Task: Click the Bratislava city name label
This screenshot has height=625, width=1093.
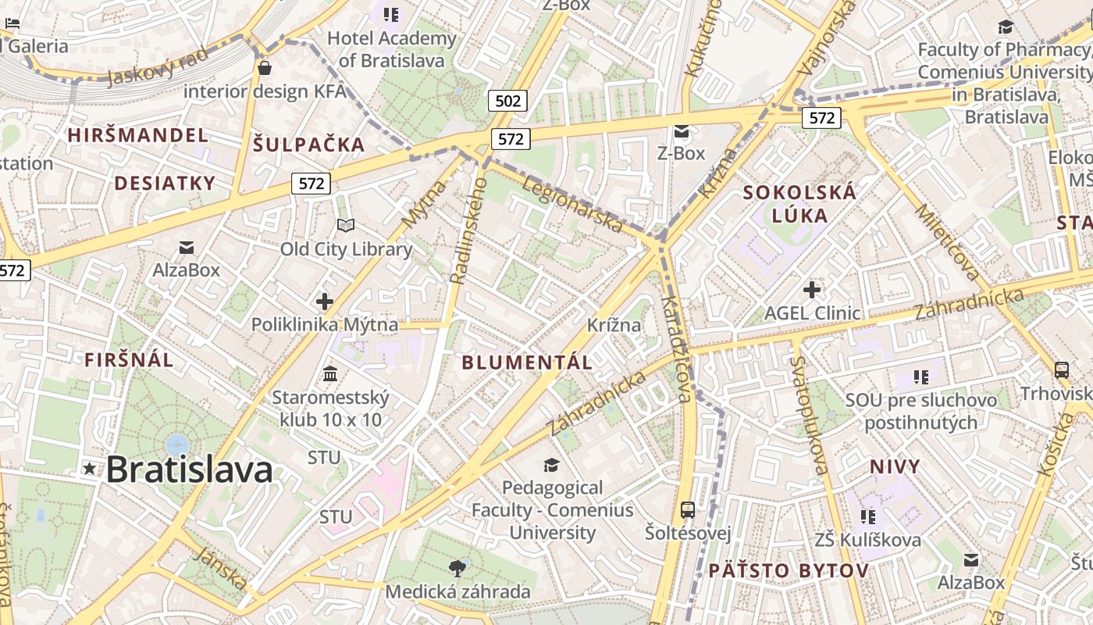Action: coord(190,469)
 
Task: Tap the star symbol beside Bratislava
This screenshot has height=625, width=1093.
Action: coord(91,469)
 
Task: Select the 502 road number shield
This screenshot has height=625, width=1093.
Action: coord(507,101)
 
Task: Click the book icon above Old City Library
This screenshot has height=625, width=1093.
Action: coord(346,226)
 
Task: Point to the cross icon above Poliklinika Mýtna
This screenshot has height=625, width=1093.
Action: coord(325,301)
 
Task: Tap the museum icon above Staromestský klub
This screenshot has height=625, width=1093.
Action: coord(330,374)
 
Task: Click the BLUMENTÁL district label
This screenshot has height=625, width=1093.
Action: coord(527,362)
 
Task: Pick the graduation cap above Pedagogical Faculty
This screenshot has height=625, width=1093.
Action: coord(552,465)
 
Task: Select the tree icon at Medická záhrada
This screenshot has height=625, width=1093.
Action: coord(458,568)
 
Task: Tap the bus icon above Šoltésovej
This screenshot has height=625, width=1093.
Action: coord(688,510)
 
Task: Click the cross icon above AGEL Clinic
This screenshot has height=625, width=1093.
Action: coord(812,290)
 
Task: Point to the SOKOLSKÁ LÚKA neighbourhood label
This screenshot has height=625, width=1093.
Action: coord(799,203)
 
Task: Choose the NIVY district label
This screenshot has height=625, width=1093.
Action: coord(895,467)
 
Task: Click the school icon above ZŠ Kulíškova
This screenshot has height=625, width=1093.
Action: coord(868,516)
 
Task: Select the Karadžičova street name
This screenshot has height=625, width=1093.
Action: coord(676,348)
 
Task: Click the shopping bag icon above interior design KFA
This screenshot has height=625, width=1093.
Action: coord(265,68)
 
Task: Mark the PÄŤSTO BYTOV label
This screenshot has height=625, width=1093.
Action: coord(789,570)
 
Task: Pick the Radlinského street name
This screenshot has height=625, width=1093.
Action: coord(468,230)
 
